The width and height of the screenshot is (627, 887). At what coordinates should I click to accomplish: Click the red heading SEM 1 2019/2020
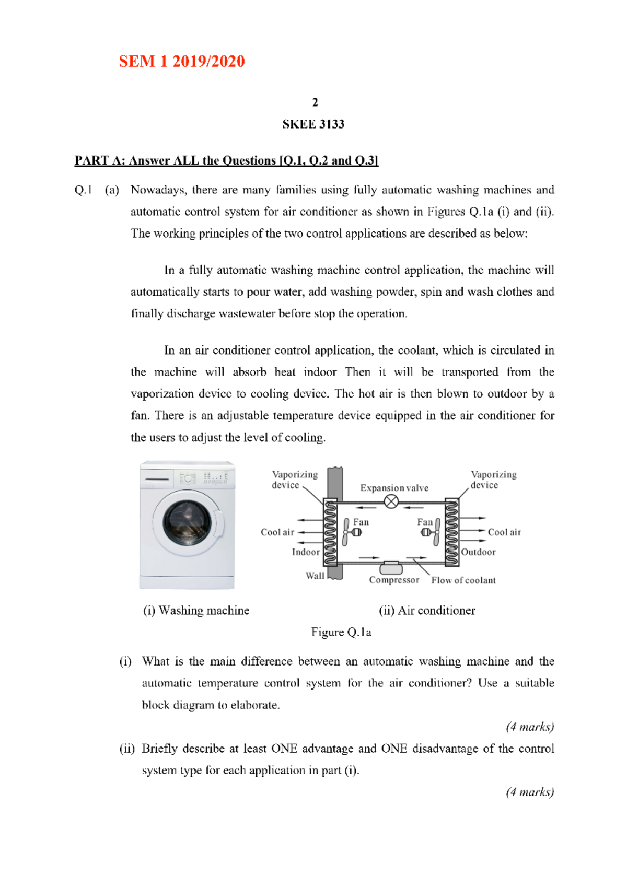[x=182, y=62]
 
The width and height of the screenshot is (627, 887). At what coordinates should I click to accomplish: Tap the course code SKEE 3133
[x=313, y=124]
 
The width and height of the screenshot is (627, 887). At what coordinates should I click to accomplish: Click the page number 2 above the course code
[x=315, y=102]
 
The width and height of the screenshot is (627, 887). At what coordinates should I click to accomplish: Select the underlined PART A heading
[x=226, y=160]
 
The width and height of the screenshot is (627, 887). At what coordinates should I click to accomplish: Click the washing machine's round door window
[x=187, y=522]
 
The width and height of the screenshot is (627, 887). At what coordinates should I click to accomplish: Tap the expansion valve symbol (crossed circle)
[x=391, y=502]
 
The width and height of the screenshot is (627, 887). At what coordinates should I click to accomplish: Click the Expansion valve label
[x=394, y=488]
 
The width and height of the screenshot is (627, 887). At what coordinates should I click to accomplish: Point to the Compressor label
[x=394, y=580]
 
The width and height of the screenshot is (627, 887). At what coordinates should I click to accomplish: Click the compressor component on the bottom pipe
[x=391, y=567]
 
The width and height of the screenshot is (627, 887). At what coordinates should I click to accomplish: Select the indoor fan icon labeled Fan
[x=351, y=532]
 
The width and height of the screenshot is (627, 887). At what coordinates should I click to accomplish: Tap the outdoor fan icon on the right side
[x=432, y=532]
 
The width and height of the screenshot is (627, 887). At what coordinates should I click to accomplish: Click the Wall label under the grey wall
[x=315, y=576]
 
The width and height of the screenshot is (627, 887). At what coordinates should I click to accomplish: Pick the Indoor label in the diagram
[x=306, y=552]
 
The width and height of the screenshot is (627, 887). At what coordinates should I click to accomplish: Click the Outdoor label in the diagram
[x=478, y=552]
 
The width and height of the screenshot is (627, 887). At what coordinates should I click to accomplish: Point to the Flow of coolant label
[x=463, y=580]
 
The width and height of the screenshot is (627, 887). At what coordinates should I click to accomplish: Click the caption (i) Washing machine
[x=196, y=611]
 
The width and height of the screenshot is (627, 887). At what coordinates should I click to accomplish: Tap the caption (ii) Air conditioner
[x=427, y=611]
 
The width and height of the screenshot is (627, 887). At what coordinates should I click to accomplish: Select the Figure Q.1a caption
[x=341, y=633]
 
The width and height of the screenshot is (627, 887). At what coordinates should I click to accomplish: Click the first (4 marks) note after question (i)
[x=530, y=727]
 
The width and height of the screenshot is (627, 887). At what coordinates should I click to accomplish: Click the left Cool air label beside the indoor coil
[x=277, y=532]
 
